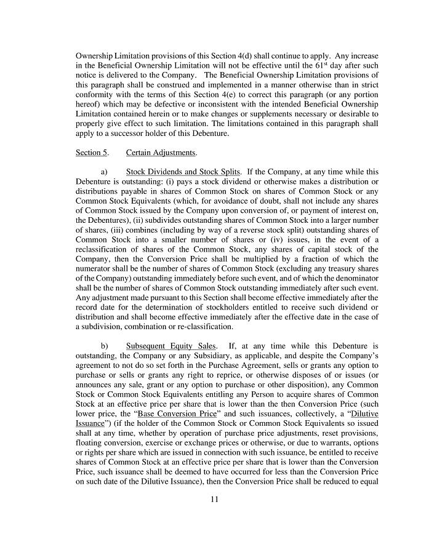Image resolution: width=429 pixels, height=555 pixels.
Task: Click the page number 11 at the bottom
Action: point(214,499)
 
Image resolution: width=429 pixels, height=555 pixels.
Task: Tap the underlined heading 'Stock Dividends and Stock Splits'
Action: point(183,172)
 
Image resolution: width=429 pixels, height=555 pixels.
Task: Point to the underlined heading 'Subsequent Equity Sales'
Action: point(170,346)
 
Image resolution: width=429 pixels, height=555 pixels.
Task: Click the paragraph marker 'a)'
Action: point(104,172)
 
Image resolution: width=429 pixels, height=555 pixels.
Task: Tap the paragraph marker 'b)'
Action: point(104,346)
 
